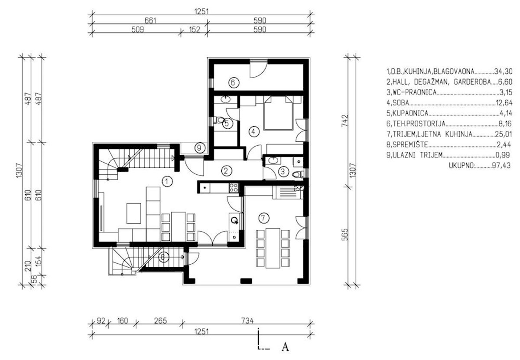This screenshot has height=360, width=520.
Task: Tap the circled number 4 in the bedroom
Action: [253, 131]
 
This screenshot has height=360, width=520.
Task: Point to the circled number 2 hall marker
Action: [226, 171]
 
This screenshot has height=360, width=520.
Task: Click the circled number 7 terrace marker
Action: [263, 218]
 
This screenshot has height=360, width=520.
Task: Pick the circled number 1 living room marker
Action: [167, 181]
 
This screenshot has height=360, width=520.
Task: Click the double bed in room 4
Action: [279, 113]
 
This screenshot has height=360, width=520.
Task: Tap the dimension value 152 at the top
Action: [194, 29]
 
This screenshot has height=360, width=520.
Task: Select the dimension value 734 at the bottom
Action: [247, 321]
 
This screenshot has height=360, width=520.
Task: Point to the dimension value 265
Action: [160, 321]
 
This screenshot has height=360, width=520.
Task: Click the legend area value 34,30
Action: [503, 71]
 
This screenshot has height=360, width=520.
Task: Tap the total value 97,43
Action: [501, 166]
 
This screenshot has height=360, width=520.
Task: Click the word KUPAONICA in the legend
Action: [410, 113]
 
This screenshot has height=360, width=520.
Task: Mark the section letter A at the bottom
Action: [285, 347]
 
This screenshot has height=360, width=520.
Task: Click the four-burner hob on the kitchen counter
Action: [234, 187]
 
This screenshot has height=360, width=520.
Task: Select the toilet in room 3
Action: [298, 174]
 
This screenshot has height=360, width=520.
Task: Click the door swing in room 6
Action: [258, 69]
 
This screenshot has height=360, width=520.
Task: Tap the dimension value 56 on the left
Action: [34, 279]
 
